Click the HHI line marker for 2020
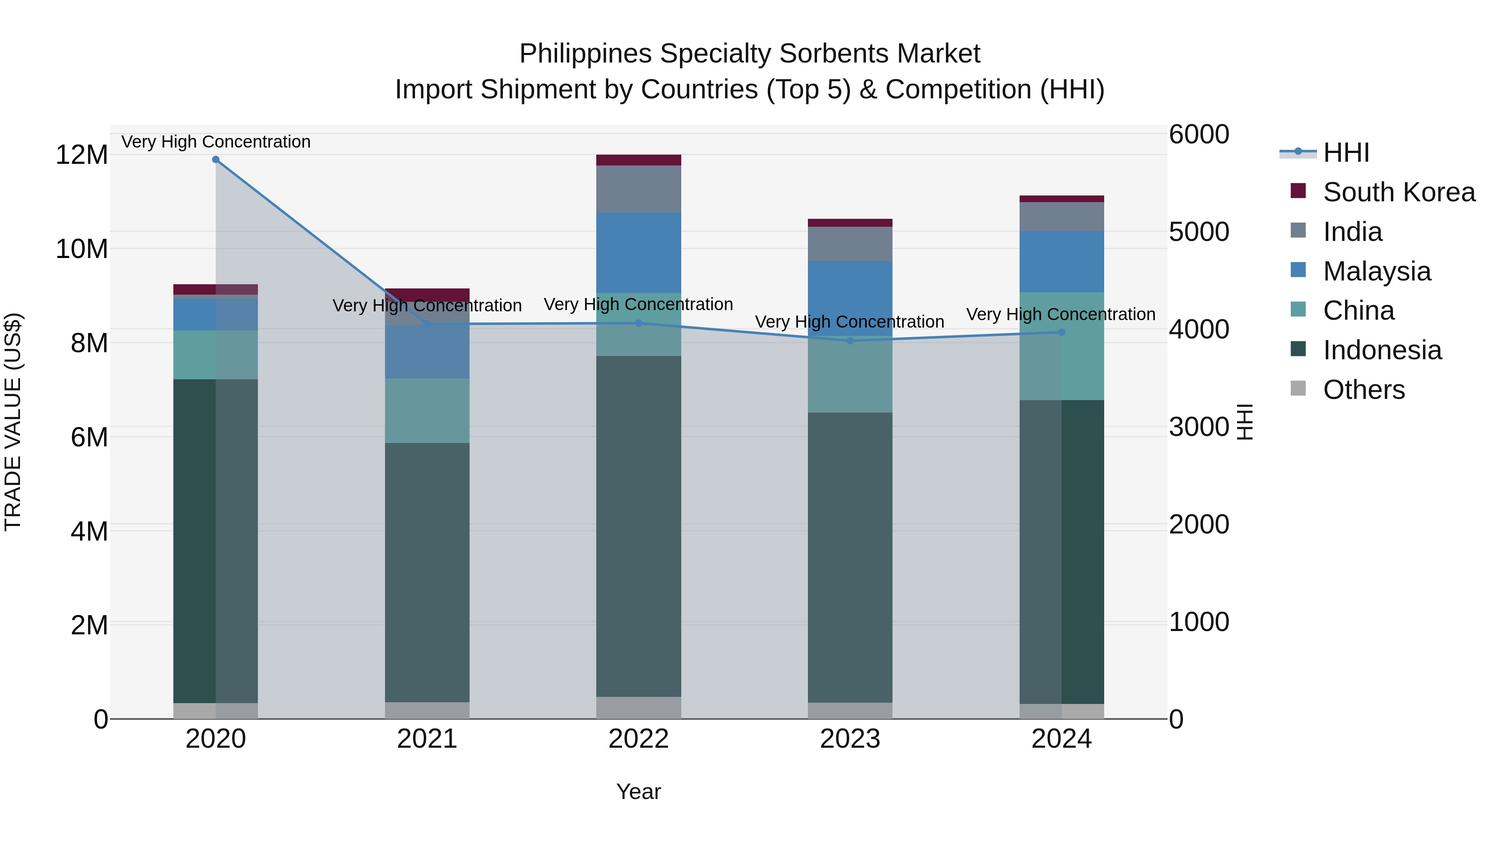[x=215, y=160]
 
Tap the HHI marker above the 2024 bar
[x=1061, y=333]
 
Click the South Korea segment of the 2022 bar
[x=638, y=160]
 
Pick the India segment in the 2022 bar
[x=638, y=189]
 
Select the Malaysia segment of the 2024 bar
[x=1061, y=261]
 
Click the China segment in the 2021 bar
[x=427, y=411]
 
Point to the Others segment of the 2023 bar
[x=850, y=711]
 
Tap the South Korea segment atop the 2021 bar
[x=427, y=295]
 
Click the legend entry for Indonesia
[x=1382, y=351]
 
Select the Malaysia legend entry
[x=1377, y=271]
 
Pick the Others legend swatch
[x=1298, y=388]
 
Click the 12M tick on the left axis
[x=82, y=155]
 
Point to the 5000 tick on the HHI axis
[x=1199, y=232]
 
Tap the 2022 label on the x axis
[x=638, y=739]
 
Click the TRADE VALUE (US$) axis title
[x=13, y=422]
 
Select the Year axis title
[x=638, y=791]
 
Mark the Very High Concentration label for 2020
[x=216, y=142]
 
